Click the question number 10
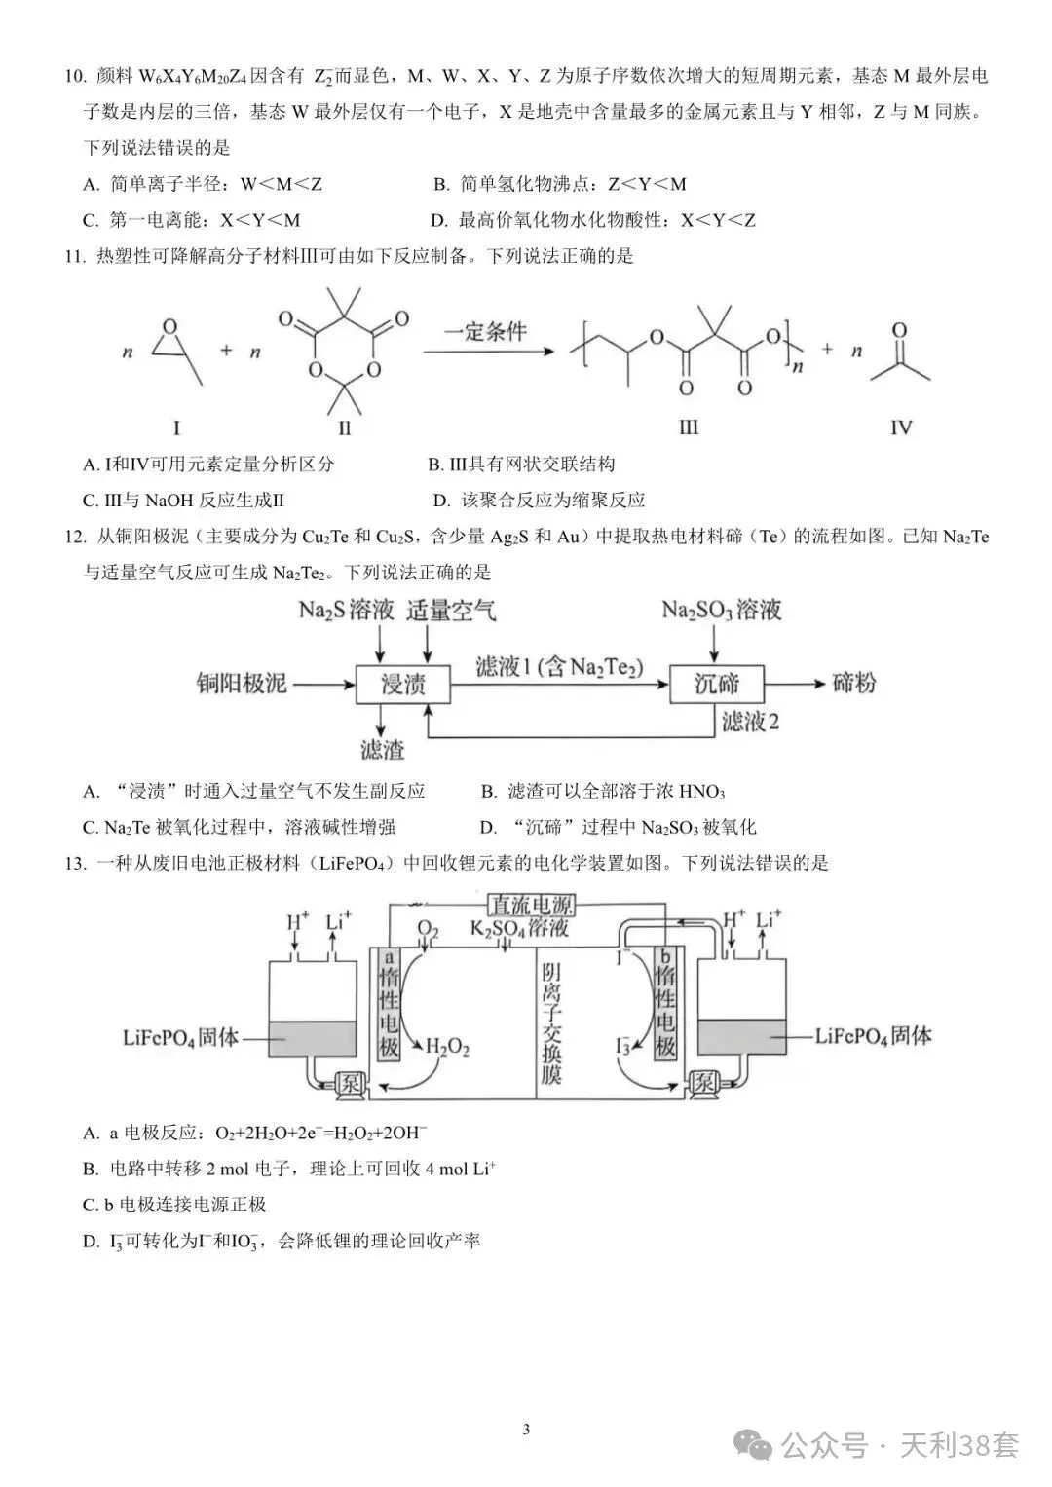(x=75, y=76)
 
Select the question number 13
(x=75, y=863)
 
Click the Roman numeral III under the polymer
(x=688, y=427)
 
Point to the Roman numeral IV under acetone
(x=901, y=427)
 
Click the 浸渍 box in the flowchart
(x=403, y=684)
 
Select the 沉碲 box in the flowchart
(x=717, y=684)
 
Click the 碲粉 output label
(x=853, y=683)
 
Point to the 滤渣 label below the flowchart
(x=383, y=750)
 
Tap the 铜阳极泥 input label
(x=242, y=683)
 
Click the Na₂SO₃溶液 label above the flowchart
(x=721, y=610)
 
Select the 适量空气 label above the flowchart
(x=451, y=610)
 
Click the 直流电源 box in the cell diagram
(x=531, y=904)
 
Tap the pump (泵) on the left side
(x=350, y=1084)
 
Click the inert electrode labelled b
(x=664, y=1004)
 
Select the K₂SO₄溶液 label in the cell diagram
(x=518, y=928)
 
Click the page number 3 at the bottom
(x=527, y=1411)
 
